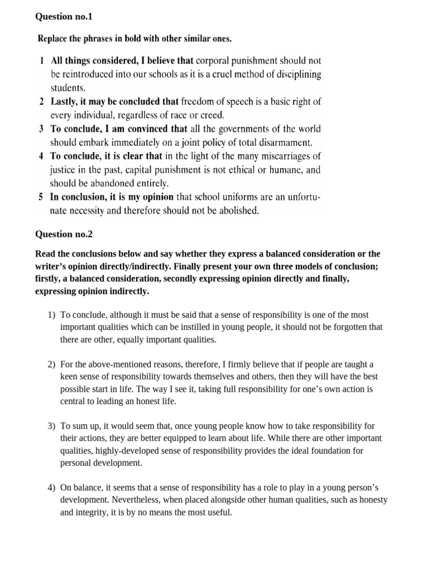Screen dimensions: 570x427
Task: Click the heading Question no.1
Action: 64,17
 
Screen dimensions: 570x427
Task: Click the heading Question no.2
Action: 64,234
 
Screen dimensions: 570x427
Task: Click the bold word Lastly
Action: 64,101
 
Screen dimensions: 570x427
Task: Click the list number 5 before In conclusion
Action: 41,196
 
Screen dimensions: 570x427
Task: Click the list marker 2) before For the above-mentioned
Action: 51,364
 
